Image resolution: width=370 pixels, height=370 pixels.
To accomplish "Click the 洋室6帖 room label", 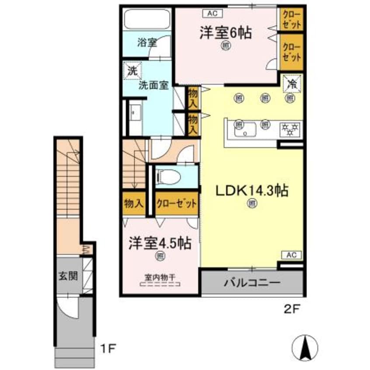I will tap(226, 34).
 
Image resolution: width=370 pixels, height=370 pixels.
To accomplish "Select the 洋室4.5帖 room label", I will tap(160, 243).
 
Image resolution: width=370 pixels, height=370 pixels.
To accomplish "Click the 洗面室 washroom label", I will tap(154, 85).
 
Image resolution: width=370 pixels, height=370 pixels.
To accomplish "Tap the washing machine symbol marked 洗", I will tap(132, 70).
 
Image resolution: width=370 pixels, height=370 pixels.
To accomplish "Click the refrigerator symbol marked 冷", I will tap(290, 84).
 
